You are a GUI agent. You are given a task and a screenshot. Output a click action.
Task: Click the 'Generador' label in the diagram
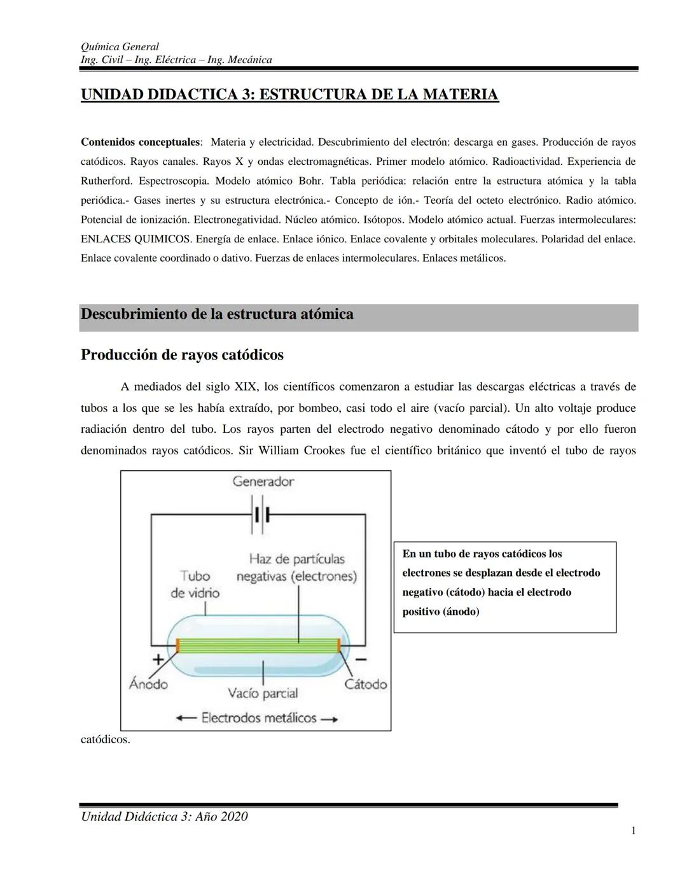coord(263,481)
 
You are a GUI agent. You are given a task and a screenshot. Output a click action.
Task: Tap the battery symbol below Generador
coord(261,514)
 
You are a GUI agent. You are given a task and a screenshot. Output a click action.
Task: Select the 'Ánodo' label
coord(148,684)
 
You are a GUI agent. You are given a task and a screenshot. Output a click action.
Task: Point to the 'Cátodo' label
coord(365,684)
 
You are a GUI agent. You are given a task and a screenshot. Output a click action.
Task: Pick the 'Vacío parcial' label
coord(263,693)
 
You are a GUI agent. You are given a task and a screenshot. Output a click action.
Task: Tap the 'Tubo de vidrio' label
coord(195,584)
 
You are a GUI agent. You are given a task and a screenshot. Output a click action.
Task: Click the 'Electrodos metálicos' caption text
coord(258,718)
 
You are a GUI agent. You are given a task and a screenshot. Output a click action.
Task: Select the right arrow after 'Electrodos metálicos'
coord(329,719)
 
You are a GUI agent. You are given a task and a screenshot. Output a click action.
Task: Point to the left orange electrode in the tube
coord(178,645)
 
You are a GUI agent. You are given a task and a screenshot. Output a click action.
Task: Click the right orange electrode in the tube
coord(340,645)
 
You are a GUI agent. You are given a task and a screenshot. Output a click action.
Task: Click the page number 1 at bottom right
coord(634,830)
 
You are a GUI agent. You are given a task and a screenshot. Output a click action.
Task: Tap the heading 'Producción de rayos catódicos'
coord(182,354)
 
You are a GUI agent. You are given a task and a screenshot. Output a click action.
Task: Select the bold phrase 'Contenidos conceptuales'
coord(140,142)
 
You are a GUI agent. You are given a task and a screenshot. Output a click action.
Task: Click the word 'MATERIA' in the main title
coord(461,95)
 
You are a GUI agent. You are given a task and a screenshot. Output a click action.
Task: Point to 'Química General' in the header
coord(120,46)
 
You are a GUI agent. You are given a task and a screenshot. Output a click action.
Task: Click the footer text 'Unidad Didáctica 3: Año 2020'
coord(164,816)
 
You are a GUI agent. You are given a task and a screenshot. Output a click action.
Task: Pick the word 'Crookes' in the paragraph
coord(324,451)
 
